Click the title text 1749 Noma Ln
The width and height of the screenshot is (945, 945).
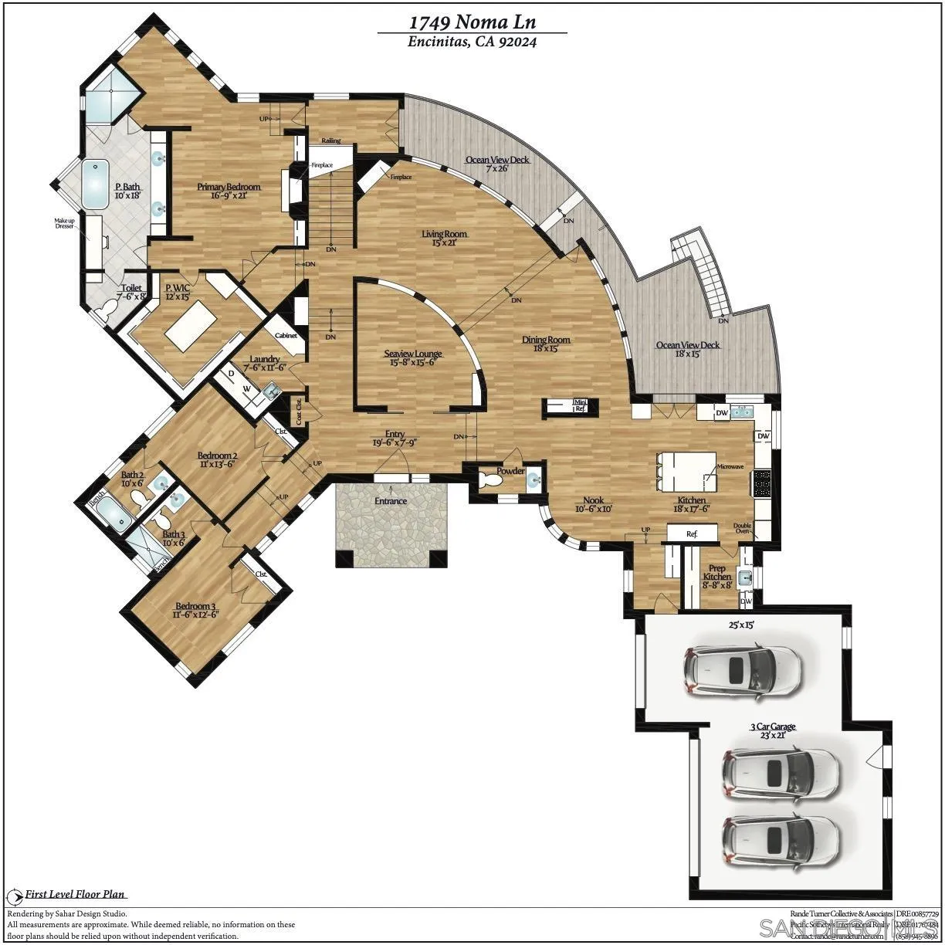(x=472, y=22)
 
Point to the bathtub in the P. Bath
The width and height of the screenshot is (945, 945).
(x=97, y=183)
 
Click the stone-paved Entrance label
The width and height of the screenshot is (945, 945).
(x=391, y=501)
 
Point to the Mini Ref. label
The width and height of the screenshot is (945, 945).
(x=580, y=405)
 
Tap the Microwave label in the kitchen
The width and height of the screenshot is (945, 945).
(x=730, y=467)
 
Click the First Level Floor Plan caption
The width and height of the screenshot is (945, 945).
(x=75, y=895)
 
